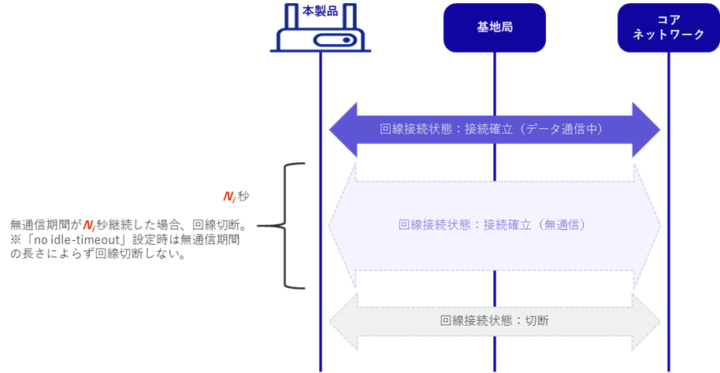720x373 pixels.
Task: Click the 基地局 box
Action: pyautogui.click(x=495, y=28)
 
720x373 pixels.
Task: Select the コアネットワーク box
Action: pyautogui.click(x=669, y=28)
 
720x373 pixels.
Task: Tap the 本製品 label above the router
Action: pyautogui.click(x=320, y=11)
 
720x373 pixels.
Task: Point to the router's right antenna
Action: pyautogui.click(x=350, y=17)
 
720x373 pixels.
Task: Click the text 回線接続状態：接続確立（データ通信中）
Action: pyautogui.click(x=492, y=129)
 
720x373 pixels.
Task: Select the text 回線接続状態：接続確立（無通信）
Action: pyautogui.click(x=492, y=225)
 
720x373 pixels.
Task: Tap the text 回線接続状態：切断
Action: pyautogui.click(x=495, y=320)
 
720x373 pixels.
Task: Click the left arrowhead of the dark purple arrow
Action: pyautogui.click(x=343, y=130)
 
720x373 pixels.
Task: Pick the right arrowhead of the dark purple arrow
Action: pyautogui.click(x=647, y=130)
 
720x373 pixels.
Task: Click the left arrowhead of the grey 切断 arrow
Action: pyautogui.click(x=343, y=322)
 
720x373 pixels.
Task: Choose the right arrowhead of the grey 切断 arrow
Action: pyautogui.click(x=647, y=322)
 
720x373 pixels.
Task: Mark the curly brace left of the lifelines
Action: pyautogui.click(x=284, y=226)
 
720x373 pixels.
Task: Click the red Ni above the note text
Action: pyautogui.click(x=229, y=197)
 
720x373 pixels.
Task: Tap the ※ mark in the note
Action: pyautogui.click(x=16, y=239)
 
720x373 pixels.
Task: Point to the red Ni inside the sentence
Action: pyautogui.click(x=89, y=225)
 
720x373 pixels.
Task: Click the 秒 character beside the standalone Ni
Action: pyautogui.click(x=243, y=197)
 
